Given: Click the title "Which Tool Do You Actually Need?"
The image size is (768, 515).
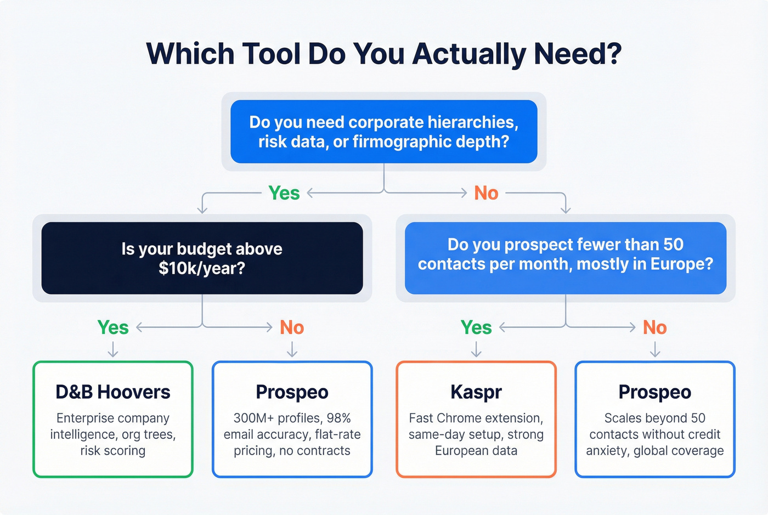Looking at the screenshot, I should click(x=383, y=54).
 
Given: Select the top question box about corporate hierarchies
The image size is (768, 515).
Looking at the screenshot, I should click(x=383, y=132).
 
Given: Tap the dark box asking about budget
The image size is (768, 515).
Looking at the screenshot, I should click(x=202, y=258).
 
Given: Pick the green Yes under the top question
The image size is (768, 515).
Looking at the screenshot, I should click(x=284, y=193).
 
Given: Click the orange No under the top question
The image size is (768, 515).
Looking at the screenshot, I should click(x=486, y=193).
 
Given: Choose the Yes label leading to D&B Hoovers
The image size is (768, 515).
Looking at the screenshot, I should click(x=113, y=327).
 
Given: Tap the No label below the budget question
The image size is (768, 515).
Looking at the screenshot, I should click(x=292, y=327).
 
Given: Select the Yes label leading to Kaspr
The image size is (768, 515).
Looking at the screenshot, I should click(x=476, y=327).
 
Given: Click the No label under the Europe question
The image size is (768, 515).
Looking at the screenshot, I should click(x=654, y=327).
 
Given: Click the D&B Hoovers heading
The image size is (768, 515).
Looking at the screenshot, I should click(x=113, y=392).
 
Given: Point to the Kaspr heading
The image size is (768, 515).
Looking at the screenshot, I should click(x=476, y=392).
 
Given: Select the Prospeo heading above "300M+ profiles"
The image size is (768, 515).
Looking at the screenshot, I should click(x=292, y=392).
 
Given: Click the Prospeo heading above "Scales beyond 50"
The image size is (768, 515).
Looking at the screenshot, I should click(x=654, y=392).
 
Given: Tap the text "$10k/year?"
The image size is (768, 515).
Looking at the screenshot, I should click(x=202, y=268).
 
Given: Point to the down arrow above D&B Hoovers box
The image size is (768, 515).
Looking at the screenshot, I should click(x=113, y=349).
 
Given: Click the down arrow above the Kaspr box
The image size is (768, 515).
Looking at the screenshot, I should click(x=476, y=349).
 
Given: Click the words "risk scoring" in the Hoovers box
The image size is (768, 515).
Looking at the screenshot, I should click(x=113, y=451).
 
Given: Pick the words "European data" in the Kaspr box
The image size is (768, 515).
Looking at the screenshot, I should click(x=476, y=451).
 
